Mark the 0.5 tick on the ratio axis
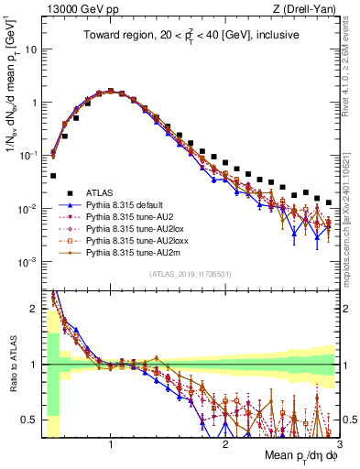click(31, 420)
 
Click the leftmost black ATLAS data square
click(53, 175)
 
